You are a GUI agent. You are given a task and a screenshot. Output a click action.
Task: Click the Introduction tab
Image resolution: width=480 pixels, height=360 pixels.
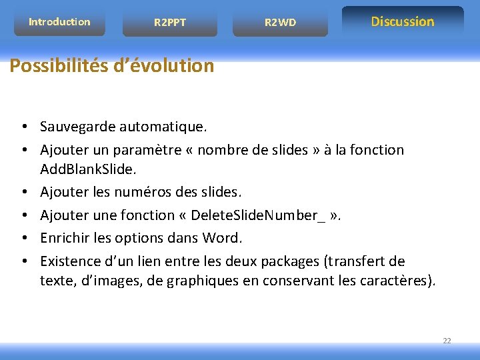click(x=59, y=22)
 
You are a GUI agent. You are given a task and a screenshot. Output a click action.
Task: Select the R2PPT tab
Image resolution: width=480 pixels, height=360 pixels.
click(x=170, y=23)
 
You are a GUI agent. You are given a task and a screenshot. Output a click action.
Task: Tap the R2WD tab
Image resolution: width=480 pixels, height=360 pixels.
click(x=280, y=23)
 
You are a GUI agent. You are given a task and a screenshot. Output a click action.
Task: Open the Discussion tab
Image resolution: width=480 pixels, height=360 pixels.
click(x=403, y=21)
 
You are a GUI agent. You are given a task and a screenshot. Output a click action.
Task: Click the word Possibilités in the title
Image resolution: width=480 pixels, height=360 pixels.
click(x=55, y=66)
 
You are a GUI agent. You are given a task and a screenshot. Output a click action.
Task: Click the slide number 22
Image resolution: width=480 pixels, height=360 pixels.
click(x=447, y=341)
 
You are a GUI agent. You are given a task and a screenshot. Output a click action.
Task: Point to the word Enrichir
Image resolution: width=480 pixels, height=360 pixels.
click(x=65, y=237)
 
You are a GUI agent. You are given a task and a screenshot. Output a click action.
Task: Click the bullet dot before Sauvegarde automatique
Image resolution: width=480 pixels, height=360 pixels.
click(x=23, y=127)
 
